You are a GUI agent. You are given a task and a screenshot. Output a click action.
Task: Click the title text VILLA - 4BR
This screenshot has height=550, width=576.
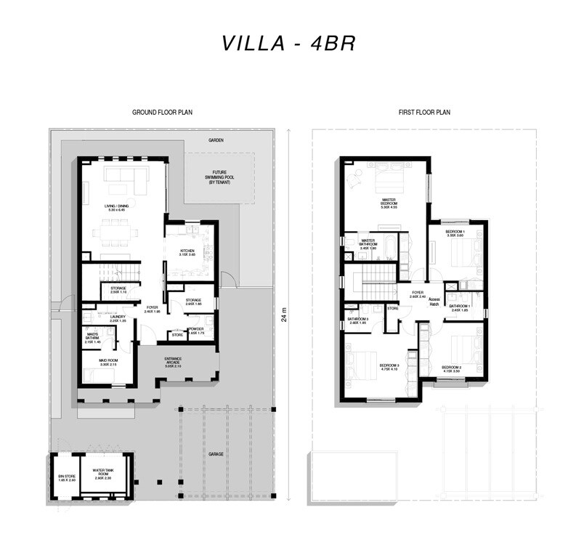[288, 43]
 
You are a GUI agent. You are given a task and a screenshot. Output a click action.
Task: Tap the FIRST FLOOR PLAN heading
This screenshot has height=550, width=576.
[425, 113]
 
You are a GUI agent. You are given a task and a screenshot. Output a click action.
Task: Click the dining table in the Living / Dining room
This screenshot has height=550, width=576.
[117, 234]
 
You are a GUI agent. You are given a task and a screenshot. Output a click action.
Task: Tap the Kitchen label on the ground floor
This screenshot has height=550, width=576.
[187, 254]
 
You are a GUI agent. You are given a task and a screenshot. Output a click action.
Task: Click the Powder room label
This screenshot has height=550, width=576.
[196, 330]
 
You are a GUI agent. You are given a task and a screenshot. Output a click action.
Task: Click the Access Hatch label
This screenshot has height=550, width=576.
[434, 302]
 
